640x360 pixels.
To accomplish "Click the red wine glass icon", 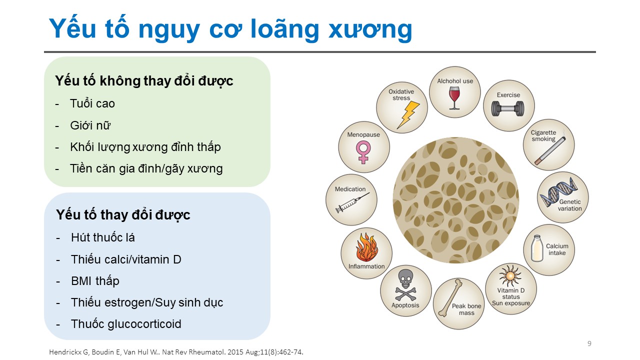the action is (454, 97).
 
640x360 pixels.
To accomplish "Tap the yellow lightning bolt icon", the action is (408, 115).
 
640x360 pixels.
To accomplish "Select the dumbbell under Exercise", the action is (507, 109).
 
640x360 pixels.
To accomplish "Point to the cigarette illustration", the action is (549, 150).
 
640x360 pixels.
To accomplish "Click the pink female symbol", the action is (363, 152).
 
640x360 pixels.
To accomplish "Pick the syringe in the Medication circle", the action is (352, 202).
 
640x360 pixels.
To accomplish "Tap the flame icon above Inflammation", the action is (366, 247).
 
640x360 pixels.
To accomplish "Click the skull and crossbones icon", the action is (405, 285).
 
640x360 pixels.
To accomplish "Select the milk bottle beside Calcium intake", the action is (537, 248).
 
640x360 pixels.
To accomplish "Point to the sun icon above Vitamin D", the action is (510, 275).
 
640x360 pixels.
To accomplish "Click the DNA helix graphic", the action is (558, 191).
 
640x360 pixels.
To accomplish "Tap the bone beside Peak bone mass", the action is (450, 298).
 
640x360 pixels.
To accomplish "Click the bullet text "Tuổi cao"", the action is (92, 103).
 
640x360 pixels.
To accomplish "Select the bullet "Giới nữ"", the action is (90, 125).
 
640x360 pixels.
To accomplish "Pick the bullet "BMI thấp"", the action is (95, 281).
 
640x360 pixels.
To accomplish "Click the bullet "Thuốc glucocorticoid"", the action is (126, 324).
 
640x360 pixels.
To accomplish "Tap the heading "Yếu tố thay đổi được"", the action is (123, 215).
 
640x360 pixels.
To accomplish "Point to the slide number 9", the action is (589, 343).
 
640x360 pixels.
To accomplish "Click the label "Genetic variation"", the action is (569, 205).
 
